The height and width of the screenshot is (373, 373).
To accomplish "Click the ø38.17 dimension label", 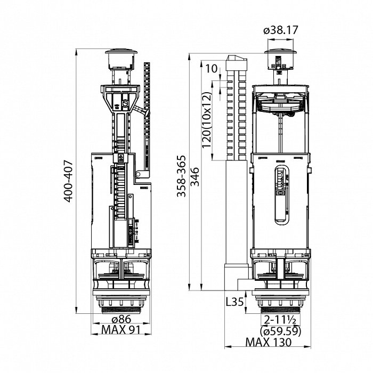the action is click(281, 30).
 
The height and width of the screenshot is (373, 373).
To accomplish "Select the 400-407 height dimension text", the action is click(69, 181).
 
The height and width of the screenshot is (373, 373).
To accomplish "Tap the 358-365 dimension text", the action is click(181, 176).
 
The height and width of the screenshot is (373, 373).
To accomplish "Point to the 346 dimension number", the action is click(195, 176).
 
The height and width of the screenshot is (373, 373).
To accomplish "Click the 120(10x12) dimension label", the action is click(206, 120).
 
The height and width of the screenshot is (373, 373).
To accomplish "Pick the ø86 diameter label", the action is click(121, 319).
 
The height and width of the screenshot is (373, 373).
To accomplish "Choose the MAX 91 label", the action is click(121, 329).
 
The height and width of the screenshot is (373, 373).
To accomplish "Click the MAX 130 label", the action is click(269, 342).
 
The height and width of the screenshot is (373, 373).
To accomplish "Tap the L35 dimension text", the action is click(234, 302).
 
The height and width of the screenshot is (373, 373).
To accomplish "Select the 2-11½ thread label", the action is click(280, 320).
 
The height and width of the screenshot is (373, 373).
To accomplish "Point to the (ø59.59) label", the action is click(281, 331).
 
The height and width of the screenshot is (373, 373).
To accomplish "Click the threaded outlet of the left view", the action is click(121, 311).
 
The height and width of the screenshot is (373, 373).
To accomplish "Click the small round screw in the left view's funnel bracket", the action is click(125, 104).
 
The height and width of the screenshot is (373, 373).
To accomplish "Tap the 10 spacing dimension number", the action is click(212, 69).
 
